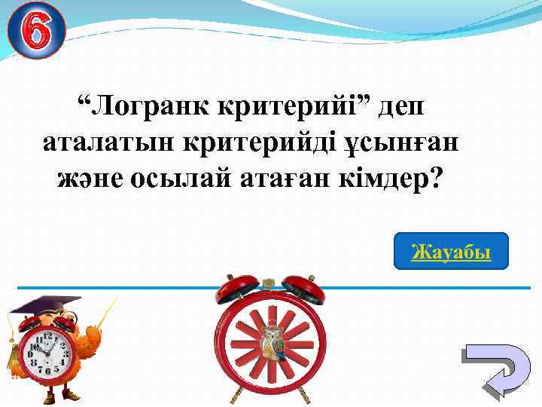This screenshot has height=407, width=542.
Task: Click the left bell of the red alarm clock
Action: coord(233,289)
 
